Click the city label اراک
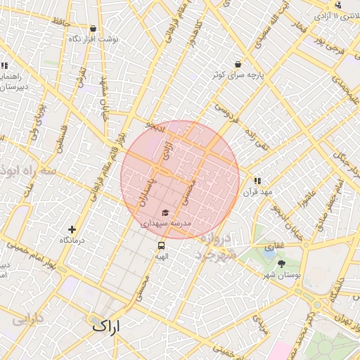pos(105,326)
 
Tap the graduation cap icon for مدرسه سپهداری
pos(165,212)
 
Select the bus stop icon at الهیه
pos(162,246)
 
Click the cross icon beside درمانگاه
pos(72,229)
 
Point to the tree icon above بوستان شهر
pos(282,264)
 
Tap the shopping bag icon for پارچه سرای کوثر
pos(238,63)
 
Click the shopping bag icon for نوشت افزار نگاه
pos(94,29)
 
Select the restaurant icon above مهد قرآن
pos(257,181)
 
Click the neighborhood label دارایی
pos(28,319)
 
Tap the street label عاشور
pos(307,200)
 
